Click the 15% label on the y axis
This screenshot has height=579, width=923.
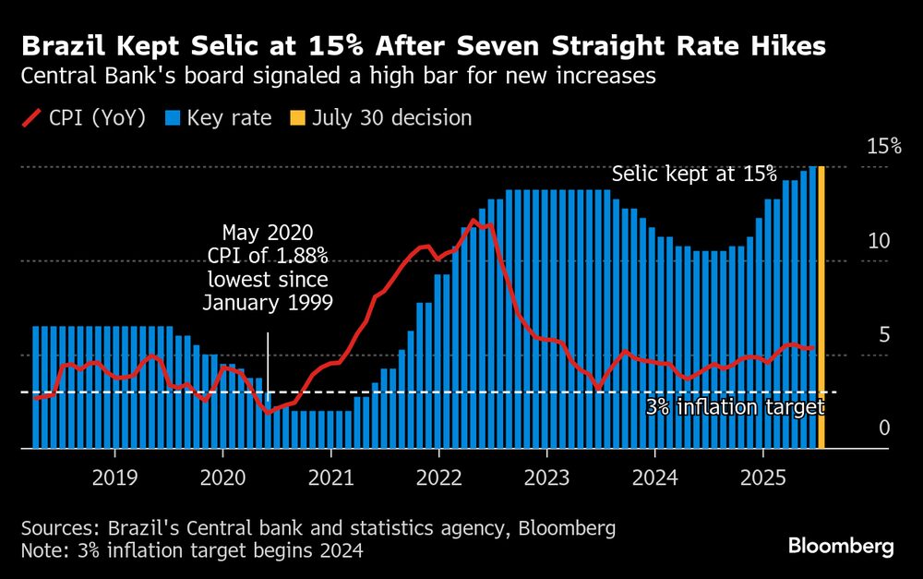[x=883, y=146]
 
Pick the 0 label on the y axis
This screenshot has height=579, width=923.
[x=883, y=428]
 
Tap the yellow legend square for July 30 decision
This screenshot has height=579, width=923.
[x=296, y=118]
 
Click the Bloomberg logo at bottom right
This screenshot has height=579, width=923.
[x=841, y=547]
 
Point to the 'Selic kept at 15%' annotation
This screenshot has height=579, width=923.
[x=694, y=175]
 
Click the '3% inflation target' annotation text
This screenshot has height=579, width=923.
[x=734, y=407]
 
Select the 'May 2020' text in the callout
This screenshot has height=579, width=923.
[x=268, y=232]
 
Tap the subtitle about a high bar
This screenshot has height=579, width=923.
[x=338, y=77]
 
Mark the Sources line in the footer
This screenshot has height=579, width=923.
[x=318, y=529]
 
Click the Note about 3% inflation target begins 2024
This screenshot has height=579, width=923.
[x=191, y=551]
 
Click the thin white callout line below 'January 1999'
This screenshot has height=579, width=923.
[x=268, y=369]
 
